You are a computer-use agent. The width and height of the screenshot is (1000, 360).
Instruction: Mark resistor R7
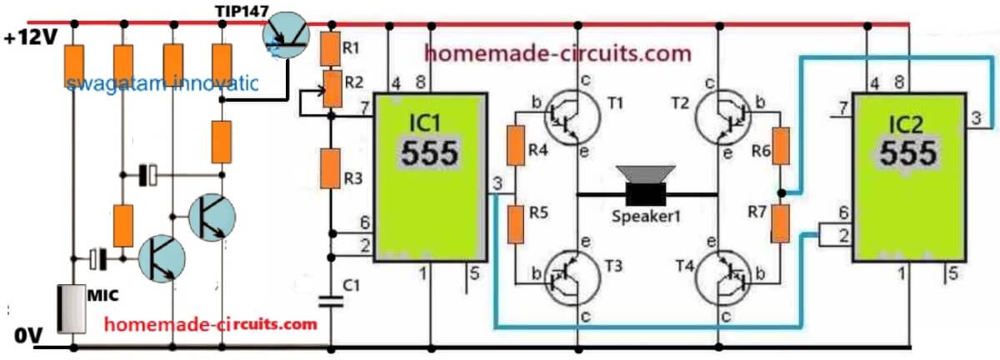pyautogui.click(x=782, y=222)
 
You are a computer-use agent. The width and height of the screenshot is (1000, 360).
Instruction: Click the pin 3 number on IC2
pyautogui.click(x=976, y=118)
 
